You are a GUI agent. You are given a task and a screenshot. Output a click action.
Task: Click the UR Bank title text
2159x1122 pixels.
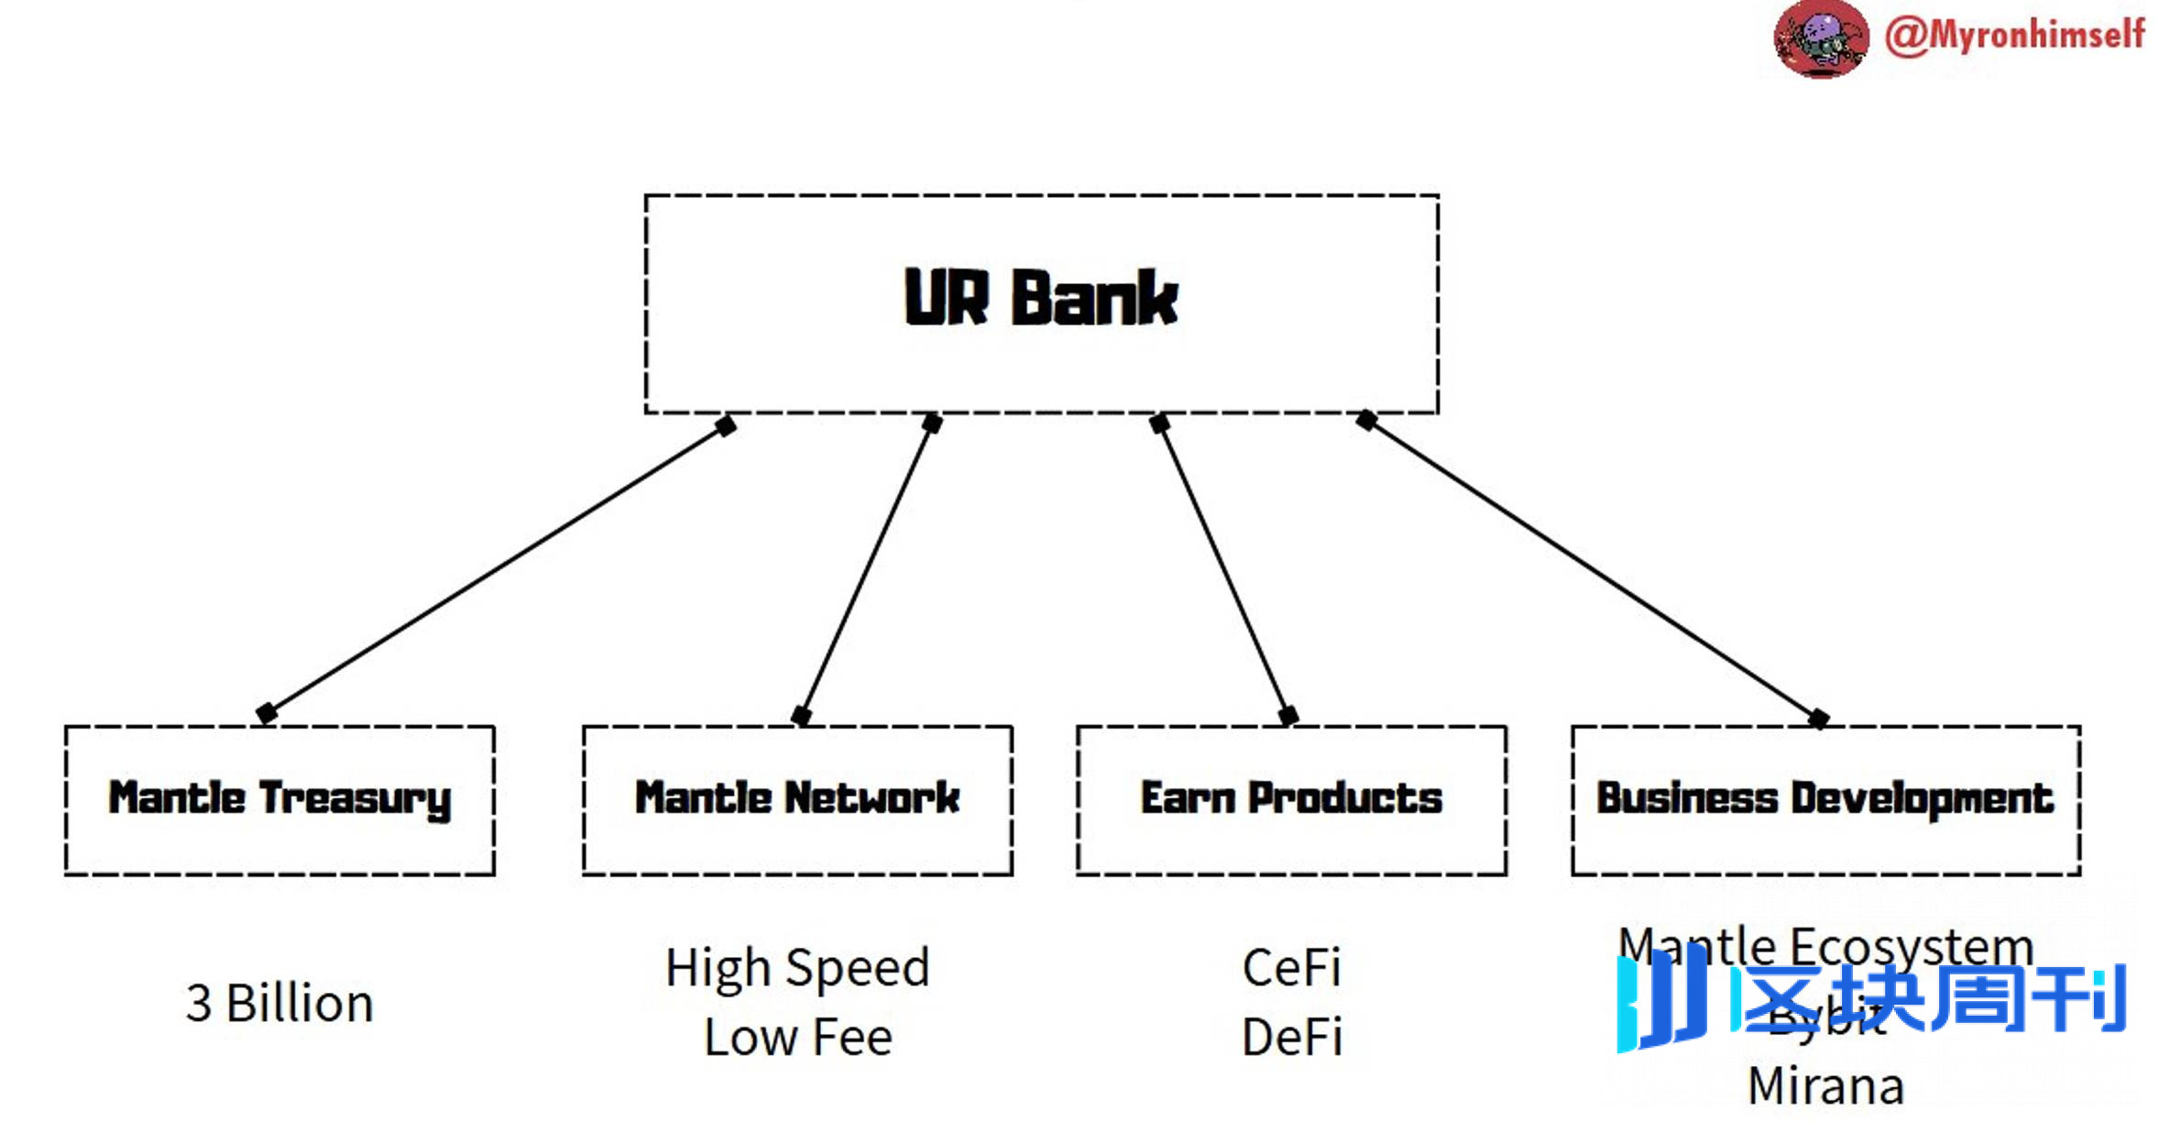pos(1040,298)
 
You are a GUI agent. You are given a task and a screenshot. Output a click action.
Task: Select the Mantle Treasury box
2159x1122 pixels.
pos(279,799)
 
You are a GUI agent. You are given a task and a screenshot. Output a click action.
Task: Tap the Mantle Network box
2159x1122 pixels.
pos(797,799)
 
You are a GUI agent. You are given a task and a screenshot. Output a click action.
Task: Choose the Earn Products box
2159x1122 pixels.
pos(1291,799)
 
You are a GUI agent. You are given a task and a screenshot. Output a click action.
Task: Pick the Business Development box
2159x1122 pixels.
pos(1825,799)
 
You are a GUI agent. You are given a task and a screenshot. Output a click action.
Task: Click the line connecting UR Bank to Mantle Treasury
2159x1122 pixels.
pos(495,569)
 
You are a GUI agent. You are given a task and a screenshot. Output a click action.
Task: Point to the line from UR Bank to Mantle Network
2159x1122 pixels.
pos(866,569)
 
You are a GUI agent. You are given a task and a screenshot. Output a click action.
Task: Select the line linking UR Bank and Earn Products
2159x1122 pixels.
pos(1223,569)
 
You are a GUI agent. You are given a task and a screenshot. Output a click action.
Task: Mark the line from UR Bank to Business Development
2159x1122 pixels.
pos(1593,569)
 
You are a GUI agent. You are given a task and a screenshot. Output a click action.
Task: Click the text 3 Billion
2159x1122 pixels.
pos(279,1003)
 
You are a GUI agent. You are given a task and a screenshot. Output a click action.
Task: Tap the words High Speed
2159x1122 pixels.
pos(797,968)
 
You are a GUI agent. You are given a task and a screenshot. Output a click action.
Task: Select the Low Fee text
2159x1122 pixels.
pos(797,1038)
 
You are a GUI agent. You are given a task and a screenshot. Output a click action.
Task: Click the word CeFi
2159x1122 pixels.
pos(1291,968)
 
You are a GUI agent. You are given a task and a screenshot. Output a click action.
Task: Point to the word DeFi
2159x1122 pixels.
pos(1291,1038)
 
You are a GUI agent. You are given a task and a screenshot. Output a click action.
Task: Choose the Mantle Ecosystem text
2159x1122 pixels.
pos(1825,944)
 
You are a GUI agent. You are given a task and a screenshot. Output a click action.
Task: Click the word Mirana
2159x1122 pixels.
pos(1825,1087)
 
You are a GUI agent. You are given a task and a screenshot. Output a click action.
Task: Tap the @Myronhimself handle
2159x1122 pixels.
pos(2014,35)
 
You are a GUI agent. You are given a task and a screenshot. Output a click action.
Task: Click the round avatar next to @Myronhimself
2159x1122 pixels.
pos(1820,38)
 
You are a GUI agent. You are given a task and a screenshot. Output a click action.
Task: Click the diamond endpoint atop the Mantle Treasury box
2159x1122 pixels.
pos(267,713)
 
